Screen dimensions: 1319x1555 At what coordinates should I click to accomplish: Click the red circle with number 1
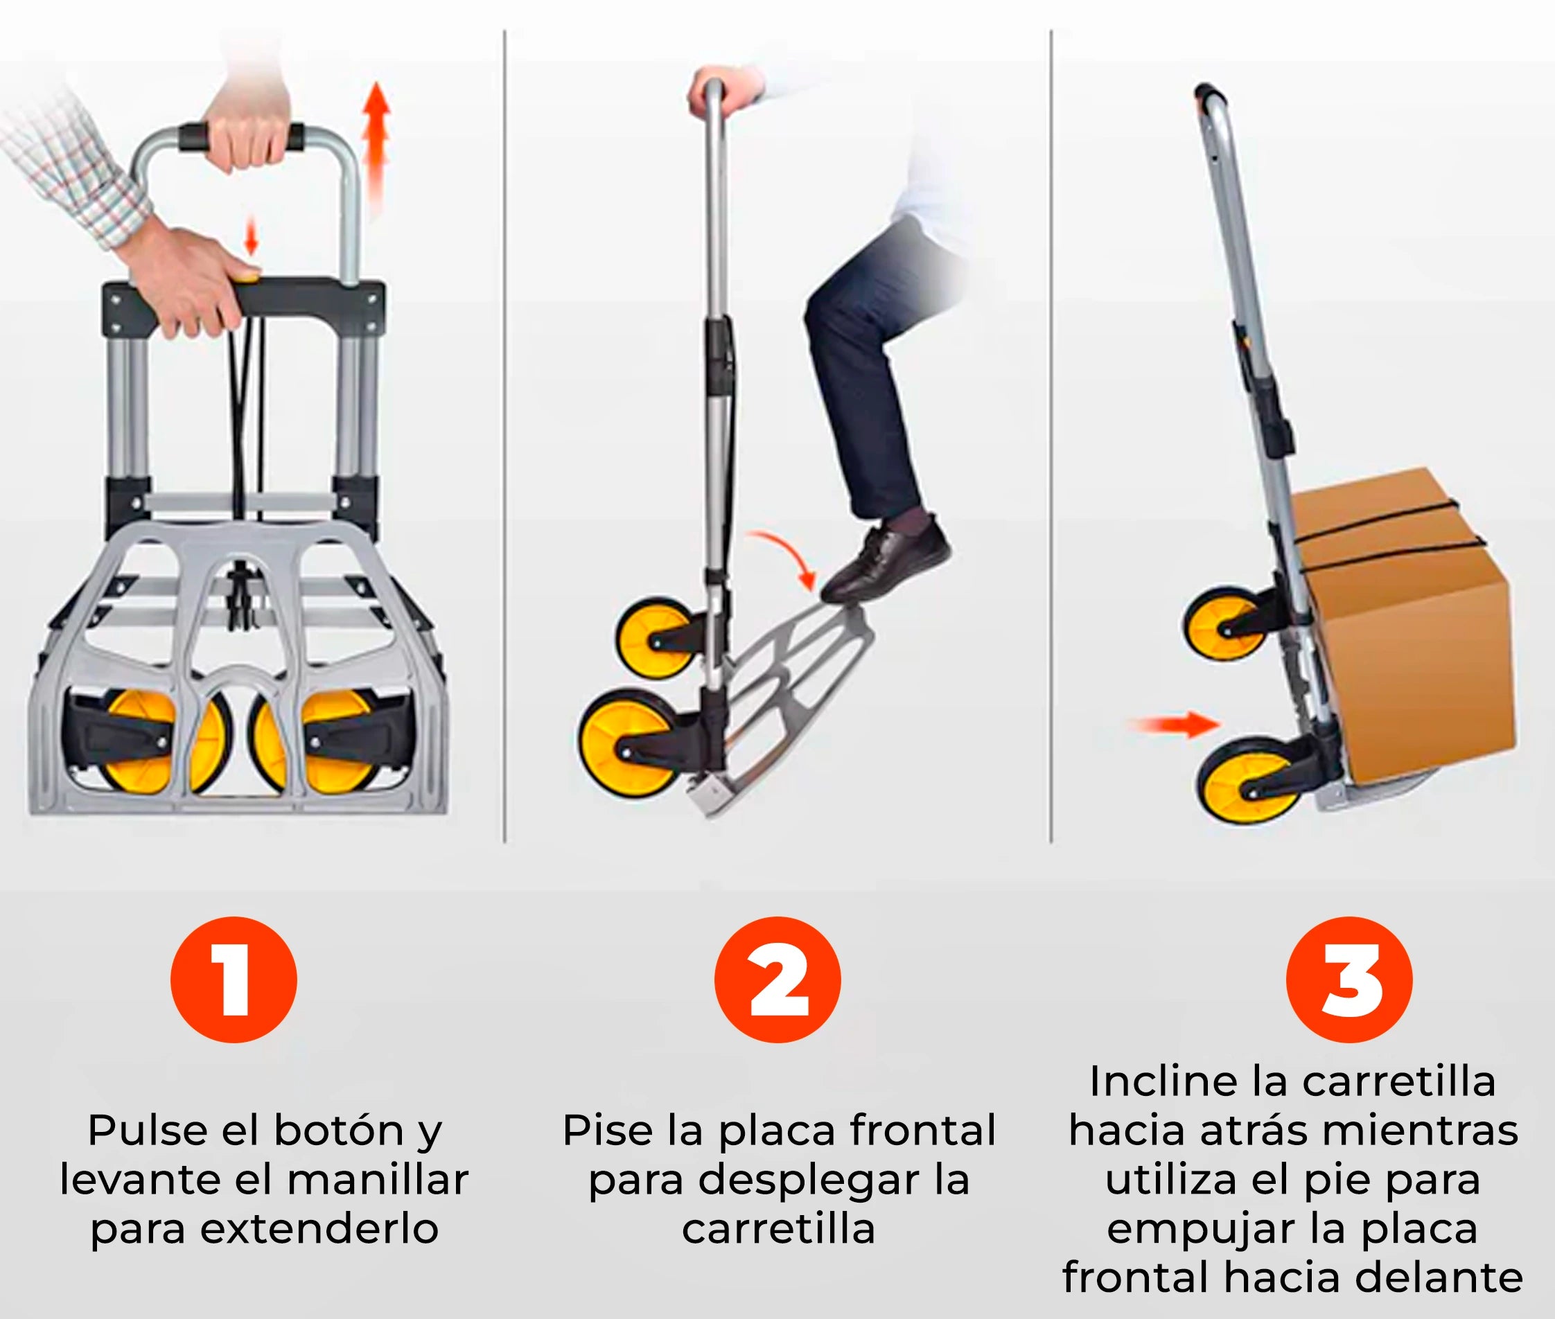234,980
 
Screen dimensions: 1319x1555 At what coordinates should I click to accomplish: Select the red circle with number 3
1349,980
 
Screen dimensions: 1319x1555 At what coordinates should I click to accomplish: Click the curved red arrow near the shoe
785,557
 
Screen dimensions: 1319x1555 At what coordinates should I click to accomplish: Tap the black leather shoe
886,561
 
